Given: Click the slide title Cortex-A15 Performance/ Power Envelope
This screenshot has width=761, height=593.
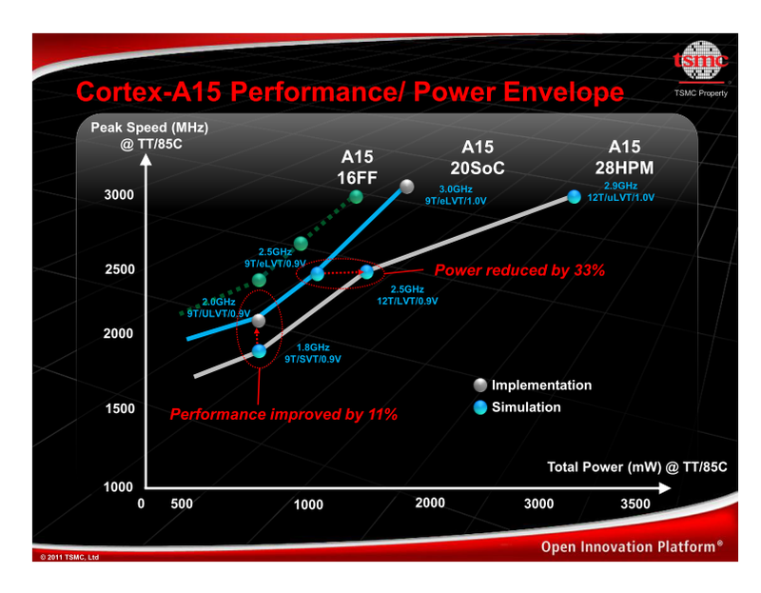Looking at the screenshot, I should pos(349,92).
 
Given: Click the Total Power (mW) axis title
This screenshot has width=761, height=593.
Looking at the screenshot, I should pos(636,466).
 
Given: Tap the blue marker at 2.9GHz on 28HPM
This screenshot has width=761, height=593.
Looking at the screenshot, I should pos(574,197).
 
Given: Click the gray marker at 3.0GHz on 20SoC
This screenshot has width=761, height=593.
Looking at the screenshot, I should pos(407,187).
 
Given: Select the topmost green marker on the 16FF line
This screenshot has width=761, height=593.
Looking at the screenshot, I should pos(356,197).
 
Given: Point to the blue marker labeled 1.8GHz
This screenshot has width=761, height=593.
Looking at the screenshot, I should pos(259,351).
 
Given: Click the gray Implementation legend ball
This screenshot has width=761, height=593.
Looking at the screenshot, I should pos(480,385).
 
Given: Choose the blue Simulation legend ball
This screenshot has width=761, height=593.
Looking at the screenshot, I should pos(480,407).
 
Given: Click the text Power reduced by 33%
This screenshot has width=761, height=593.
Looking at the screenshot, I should pos(519,270).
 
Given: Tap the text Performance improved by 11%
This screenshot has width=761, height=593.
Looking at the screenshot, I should pos(283,415).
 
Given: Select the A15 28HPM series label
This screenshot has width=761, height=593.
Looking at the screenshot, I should pos(624,157).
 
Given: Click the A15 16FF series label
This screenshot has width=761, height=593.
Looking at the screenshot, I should pos(358,168).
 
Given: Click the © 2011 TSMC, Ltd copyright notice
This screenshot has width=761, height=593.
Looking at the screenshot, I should pos(69,556).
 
